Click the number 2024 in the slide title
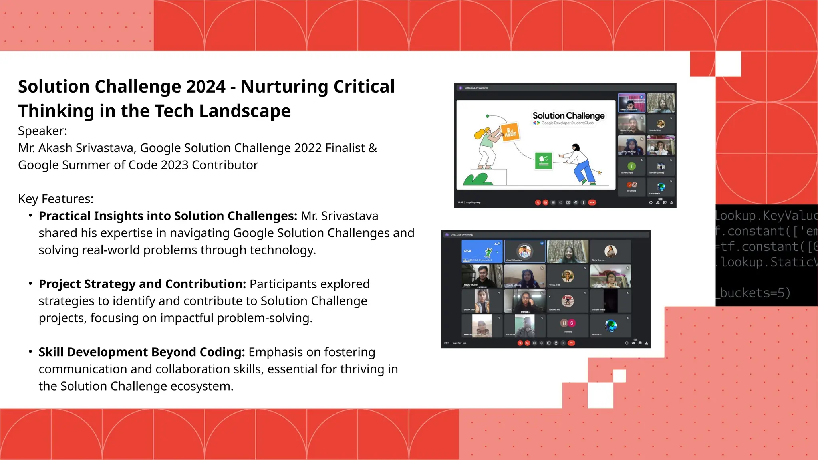coord(206,87)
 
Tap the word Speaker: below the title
coord(42,131)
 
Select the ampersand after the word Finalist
coord(373,148)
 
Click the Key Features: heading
coord(56,199)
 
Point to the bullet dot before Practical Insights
coord(30,216)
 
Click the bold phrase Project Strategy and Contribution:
coord(142,284)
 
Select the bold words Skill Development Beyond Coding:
coord(142,352)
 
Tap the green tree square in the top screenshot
coord(543,161)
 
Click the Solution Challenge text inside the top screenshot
coord(568,116)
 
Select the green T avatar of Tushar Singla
coord(631,166)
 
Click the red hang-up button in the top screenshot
coord(592,202)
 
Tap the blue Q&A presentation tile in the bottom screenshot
coord(482,251)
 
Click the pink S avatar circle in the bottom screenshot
coord(572,323)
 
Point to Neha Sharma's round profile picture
coord(610,251)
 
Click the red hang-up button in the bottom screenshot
coord(571,343)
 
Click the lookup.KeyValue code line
coord(765,216)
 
